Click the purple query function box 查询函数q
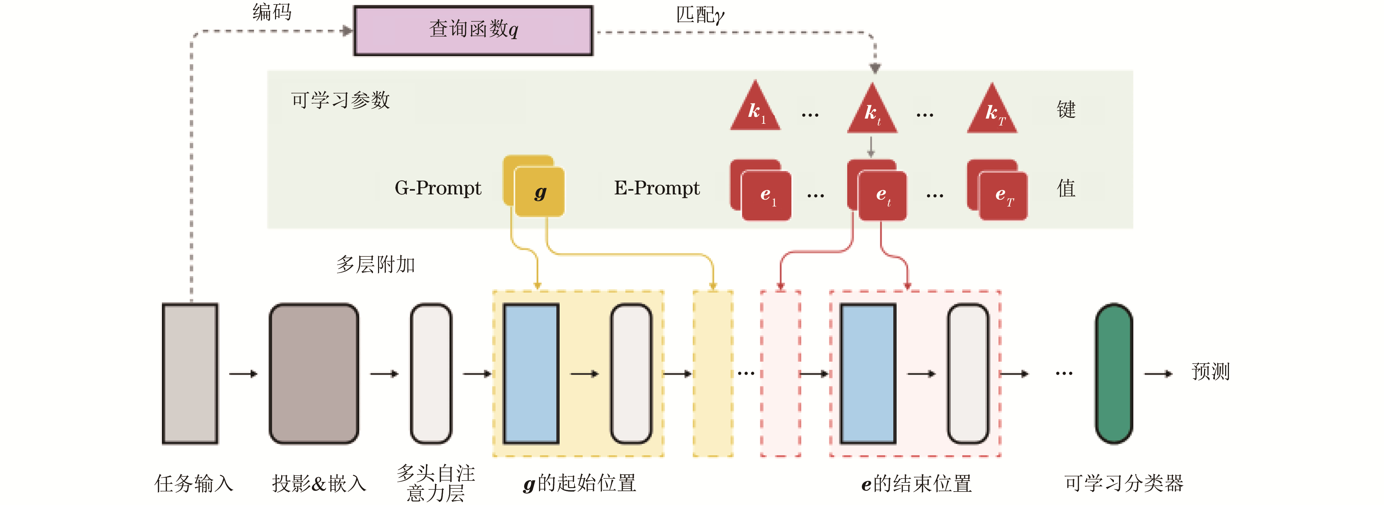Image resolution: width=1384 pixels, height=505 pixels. [473, 31]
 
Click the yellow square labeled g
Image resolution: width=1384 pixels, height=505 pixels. [539, 192]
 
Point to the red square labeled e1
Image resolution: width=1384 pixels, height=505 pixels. [766, 195]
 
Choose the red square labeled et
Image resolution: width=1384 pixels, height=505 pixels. [882, 195]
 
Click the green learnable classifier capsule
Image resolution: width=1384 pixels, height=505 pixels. [1114, 373]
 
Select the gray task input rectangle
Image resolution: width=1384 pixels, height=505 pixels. [190, 373]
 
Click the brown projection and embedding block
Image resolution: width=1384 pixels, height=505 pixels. [314, 373]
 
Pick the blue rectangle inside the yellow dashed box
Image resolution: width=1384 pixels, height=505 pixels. [531, 373]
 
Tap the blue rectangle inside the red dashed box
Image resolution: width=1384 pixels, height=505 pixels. [868, 373]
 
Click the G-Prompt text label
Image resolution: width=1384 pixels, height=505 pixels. [438, 188]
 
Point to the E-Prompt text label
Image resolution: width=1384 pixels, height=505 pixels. [657, 188]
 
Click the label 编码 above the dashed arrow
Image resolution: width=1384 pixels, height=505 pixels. [272, 12]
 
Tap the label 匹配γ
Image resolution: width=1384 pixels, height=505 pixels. [700, 15]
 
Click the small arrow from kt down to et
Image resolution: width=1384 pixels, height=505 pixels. [871, 146]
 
